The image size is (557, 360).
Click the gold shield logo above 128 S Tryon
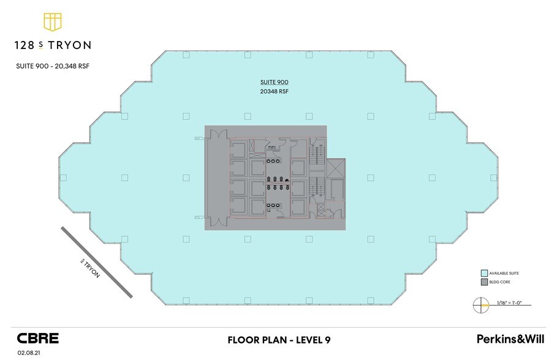coord(53,22)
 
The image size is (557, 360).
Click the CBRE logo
coord(38,339)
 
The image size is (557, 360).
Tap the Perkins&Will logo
coord(510,339)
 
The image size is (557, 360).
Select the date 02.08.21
coord(29,353)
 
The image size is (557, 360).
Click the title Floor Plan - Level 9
coord(279,340)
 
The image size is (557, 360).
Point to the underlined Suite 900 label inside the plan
coord(275,82)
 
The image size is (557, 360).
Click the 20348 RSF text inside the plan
coord(275,91)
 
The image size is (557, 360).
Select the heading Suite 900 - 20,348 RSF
coord(53,66)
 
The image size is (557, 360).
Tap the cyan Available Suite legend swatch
coord(484,274)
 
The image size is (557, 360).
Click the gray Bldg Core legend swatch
coord(484,282)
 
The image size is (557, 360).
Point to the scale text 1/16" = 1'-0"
coord(509,303)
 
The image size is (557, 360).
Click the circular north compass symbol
coord(480,306)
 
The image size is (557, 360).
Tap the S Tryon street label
coord(91,269)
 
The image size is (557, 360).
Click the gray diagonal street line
coord(97,262)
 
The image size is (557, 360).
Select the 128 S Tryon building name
coord(53,45)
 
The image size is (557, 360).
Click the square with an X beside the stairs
coord(336,168)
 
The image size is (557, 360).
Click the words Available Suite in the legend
coord(504,274)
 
